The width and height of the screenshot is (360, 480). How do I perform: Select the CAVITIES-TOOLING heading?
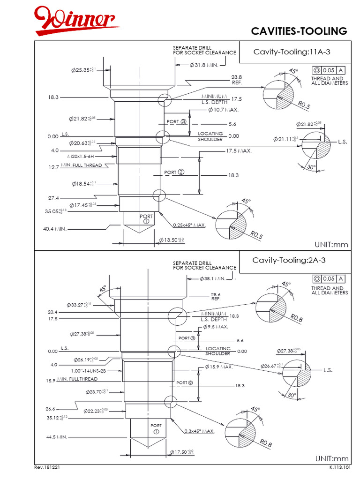click(299, 31)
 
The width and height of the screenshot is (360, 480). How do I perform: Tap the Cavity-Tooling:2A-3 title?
click(287, 261)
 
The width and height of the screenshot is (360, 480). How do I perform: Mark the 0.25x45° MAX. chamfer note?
click(189, 225)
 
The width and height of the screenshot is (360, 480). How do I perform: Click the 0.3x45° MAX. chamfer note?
click(199, 431)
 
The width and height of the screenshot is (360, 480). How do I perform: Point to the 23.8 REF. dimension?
click(237, 80)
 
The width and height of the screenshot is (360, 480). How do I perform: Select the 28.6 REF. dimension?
click(216, 296)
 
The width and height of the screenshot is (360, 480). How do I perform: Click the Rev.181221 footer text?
click(47, 468)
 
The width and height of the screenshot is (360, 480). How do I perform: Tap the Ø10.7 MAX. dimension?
click(223, 110)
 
